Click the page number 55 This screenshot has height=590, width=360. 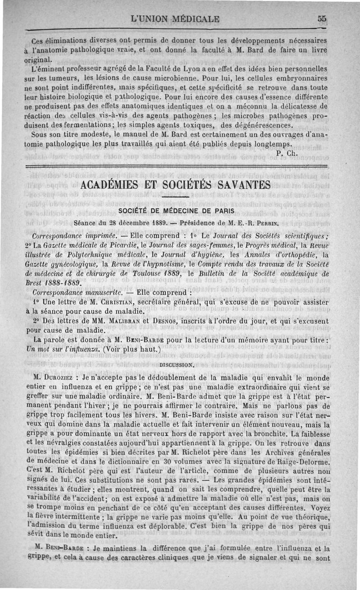tap(321, 19)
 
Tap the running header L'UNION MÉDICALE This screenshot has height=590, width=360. tap(175, 19)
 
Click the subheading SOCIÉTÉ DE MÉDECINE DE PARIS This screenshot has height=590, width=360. tap(176, 211)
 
